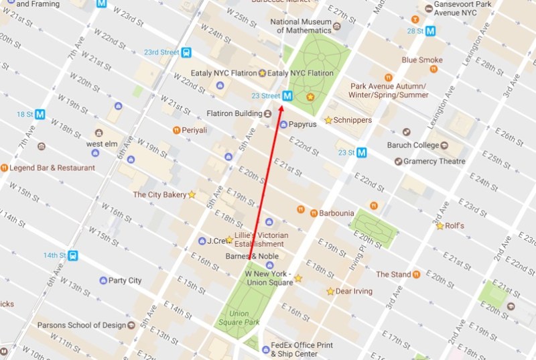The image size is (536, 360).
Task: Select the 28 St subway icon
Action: click(430, 30)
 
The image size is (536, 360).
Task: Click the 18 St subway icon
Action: click(41, 114)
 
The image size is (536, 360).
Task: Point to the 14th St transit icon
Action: click(72, 255)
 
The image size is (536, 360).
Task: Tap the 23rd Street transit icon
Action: click(186, 52)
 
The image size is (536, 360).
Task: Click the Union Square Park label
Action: click(243, 318)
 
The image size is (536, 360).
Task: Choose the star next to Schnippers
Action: click(328, 120)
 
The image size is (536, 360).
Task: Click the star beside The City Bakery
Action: click(192, 194)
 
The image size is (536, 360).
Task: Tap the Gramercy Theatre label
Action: click(429, 161)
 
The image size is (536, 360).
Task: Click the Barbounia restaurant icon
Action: click(313, 213)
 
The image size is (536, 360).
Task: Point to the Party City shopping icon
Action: click(103, 280)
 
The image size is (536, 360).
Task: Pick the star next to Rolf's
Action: click(440, 226)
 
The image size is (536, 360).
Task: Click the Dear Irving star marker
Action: click(330, 292)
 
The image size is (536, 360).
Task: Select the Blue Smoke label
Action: click(421, 60)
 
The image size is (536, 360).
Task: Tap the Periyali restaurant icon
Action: click(176, 129)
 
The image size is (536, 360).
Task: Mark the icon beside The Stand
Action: click(417, 274)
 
